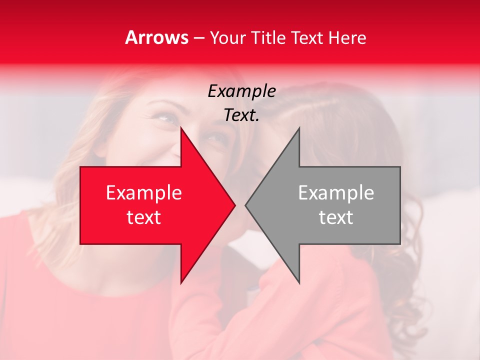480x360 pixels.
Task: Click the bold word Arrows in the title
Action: [x=156, y=37]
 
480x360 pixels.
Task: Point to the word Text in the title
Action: [x=307, y=37]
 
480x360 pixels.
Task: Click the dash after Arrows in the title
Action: [x=198, y=38]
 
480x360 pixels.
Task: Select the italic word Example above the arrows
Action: [x=241, y=91]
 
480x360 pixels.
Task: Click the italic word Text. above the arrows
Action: [x=241, y=115]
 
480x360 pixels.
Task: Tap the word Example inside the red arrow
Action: [x=143, y=193]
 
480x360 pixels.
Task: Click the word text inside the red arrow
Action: [x=143, y=217]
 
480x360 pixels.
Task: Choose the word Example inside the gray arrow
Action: [x=336, y=193]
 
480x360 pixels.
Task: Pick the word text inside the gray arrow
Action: [x=336, y=217]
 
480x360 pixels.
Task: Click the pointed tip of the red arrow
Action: [x=234, y=205]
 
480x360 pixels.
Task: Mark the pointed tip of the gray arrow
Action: [x=246, y=205]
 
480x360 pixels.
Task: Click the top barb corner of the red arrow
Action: [x=181, y=128]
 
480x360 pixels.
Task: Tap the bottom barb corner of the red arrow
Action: [x=181, y=282]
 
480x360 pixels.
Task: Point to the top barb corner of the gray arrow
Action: [x=299, y=128]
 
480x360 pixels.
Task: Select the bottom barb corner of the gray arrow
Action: [x=299, y=282]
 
